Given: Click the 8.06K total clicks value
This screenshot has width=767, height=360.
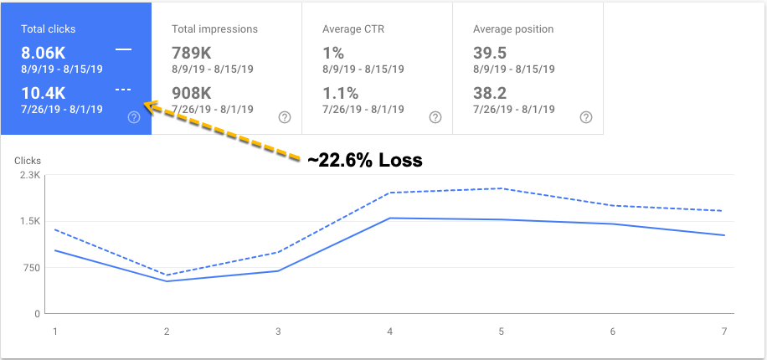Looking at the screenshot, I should (x=44, y=52).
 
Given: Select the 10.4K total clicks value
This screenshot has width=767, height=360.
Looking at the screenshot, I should (x=44, y=93).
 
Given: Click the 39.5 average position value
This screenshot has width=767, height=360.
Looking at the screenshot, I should (x=491, y=52).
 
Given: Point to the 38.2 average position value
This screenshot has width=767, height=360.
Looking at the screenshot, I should (x=491, y=93).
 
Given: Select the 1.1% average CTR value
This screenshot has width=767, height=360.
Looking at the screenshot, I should (x=340, y=93).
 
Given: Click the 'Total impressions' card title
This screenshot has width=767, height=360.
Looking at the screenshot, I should (x=214, y=29).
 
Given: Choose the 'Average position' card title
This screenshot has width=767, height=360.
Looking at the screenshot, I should (x=514, y=29).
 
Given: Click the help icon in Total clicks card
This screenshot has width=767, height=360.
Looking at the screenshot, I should (x=133, y=117).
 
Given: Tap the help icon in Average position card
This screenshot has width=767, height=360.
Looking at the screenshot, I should (x=585, y=117).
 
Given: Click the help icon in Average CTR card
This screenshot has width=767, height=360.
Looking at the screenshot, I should (x=435, y=117).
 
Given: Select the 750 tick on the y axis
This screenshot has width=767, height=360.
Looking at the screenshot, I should (x=30, y=268).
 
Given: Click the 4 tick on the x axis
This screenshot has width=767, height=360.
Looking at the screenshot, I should (x=390, y=332).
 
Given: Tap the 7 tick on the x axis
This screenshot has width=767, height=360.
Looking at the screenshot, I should (x=724, y=332).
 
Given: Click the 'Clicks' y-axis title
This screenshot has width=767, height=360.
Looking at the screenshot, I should (x=28, y=160).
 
